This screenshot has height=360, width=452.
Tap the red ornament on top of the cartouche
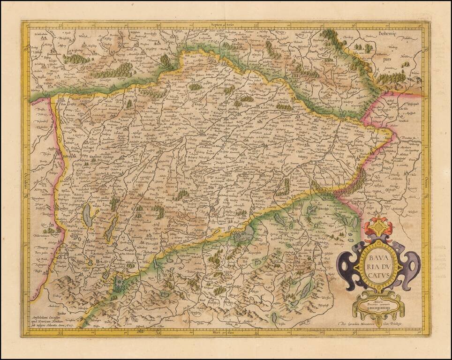tap(378, 227)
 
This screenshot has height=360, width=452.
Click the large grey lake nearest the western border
tap(88, 215)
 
